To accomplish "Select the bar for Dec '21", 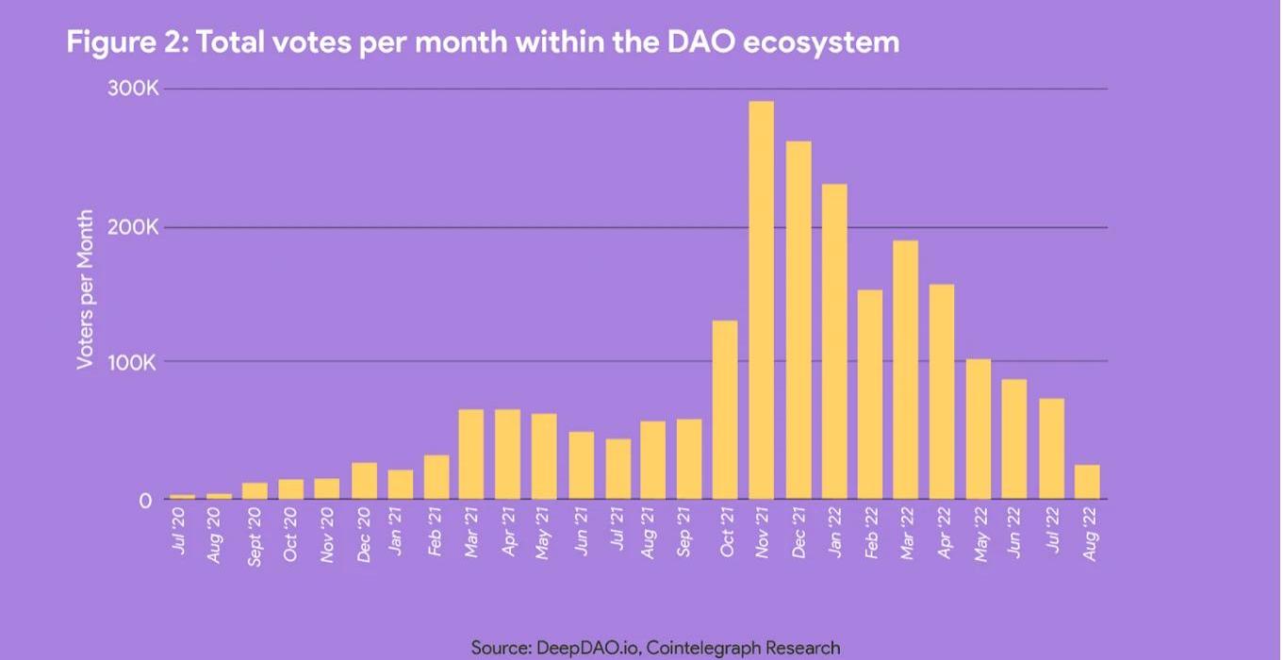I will point(798,321).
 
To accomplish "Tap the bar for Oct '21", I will point(725,410).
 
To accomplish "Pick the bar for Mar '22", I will point(905,370).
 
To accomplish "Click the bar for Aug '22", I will point(1086,482).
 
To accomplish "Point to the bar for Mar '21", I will point(471,454).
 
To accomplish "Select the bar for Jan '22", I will point(834,341).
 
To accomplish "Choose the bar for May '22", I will point(978,429).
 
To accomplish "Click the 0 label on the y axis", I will point(145,501).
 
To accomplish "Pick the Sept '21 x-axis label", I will point(685,535).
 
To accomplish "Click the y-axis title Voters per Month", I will point(85,289).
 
